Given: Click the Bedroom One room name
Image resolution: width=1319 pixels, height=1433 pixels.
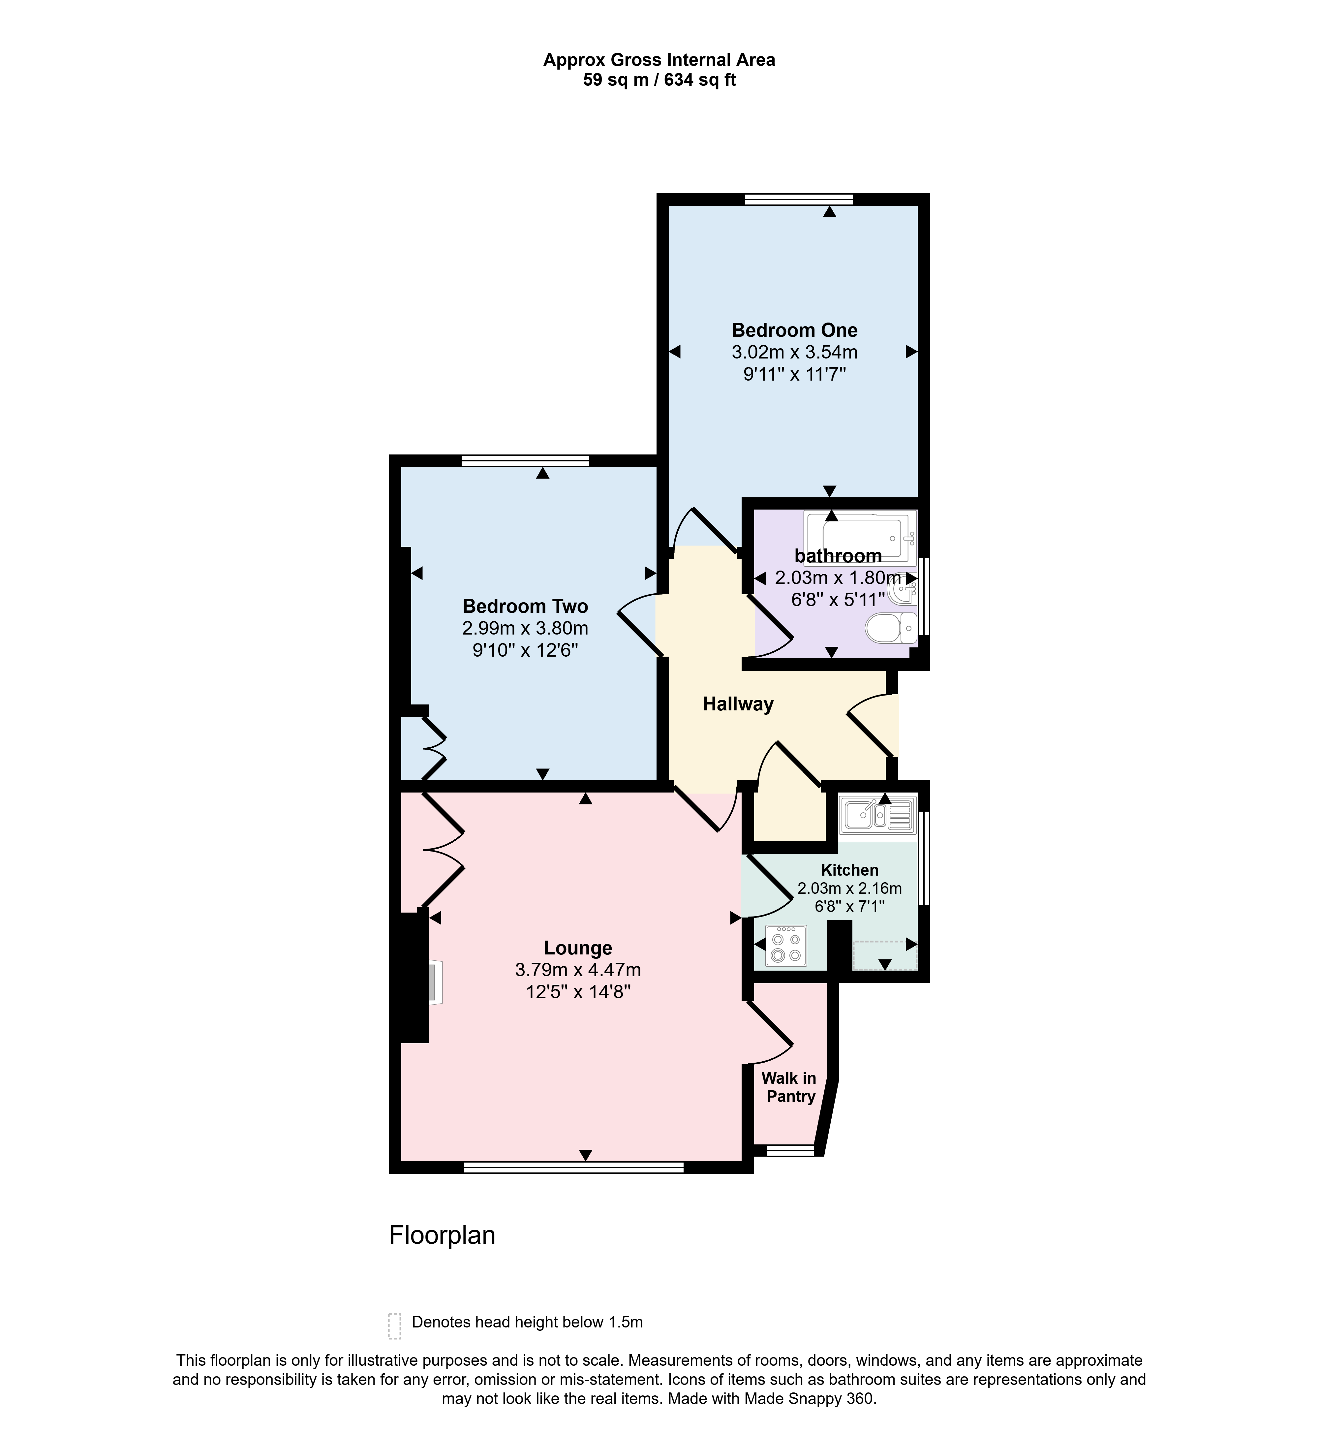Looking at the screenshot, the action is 794,330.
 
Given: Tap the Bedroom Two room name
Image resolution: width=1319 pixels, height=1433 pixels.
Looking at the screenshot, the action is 525,606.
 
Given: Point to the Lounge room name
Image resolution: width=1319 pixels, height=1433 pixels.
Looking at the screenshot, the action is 578,948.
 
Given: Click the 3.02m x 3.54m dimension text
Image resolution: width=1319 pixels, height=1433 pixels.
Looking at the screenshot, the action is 794,352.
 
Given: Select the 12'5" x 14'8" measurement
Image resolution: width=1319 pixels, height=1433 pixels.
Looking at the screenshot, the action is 578,992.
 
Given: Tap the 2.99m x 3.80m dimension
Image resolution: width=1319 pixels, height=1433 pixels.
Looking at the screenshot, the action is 525,628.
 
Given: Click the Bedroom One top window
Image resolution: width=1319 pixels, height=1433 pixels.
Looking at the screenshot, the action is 799,199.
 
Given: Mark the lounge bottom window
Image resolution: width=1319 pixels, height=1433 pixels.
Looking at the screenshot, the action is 574,1168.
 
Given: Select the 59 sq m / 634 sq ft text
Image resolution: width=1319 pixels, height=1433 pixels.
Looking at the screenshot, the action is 659,80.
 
